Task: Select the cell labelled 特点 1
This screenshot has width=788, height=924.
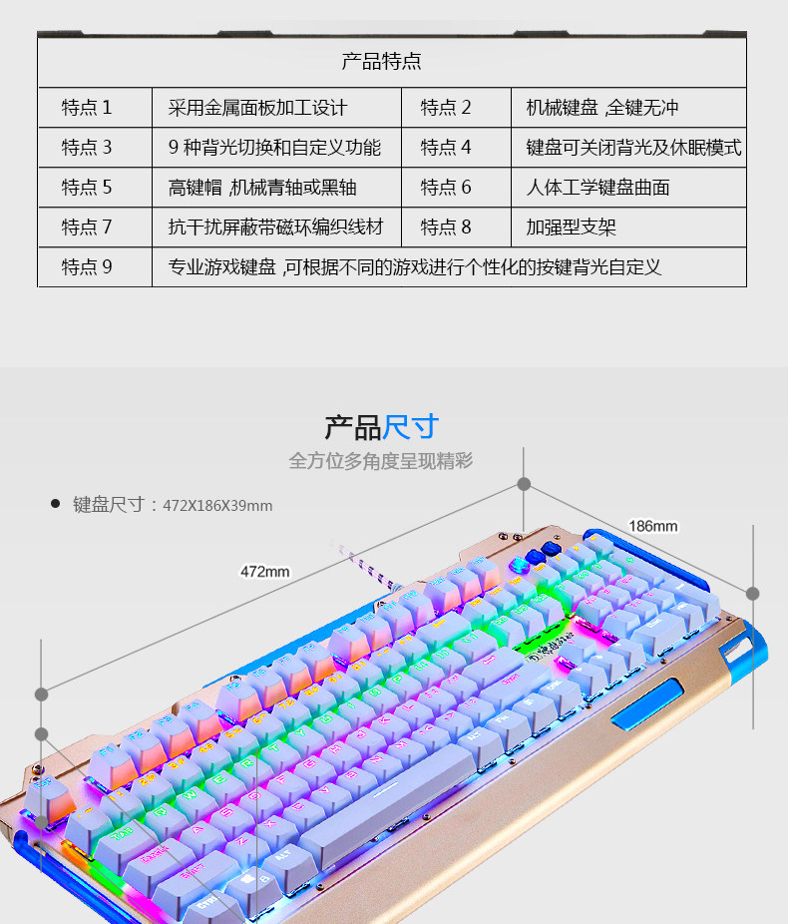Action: pyautogui.click(x=88, y=108)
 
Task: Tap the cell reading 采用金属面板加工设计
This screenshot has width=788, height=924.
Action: pyautogui.click(x=257, y=108)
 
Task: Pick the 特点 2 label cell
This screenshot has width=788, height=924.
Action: pyautogui.click(x=446, y=108)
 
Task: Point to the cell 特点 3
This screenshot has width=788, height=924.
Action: pyautogui.click(x=88, y=148)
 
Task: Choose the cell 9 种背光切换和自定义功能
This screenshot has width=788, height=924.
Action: pyautogui.click(x=274, y=148)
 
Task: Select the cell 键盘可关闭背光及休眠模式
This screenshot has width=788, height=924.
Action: pyautogui.click(x=633, y=148)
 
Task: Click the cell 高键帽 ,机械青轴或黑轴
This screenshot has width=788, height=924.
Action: pyautogui.click(x=262, y=188)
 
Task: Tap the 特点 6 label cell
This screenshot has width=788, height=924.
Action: pyautogui.click(x=446, y=188)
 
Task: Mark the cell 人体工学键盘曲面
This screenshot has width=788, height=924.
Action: pyautogui.click(x=597, y=188)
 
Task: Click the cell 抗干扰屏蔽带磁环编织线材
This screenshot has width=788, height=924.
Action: pyautogui.click(x=275, y=228)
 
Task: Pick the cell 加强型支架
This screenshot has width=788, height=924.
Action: pyautogui.click(x=572, y=228)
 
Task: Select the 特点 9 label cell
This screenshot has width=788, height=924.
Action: pyautogui.click(x=88, y=267)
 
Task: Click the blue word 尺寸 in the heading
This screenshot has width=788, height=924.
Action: pyautogui.click(x=411, y=427)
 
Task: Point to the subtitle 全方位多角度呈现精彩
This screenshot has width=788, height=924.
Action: pyautogui.click(x=381, y=461)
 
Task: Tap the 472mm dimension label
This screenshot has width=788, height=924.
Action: pyautogui.click(x=264, y=572)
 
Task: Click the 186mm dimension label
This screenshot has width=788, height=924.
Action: pyautogui.click(x=652, y=526)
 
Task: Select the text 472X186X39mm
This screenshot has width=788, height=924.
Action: pyautogui.click(x=217, y=506)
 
